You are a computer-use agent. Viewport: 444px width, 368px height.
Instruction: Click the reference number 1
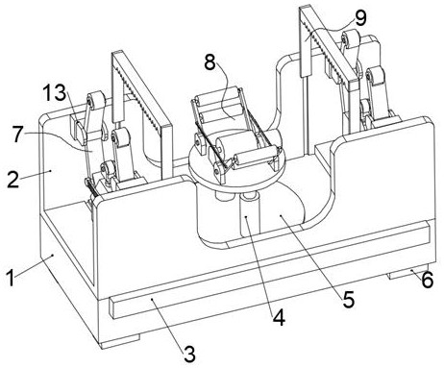click(x=11, y=278)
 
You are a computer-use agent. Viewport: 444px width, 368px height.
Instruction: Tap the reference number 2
click(x=12, y=181)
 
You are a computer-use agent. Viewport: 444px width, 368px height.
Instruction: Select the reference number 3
click(x=189, y=354)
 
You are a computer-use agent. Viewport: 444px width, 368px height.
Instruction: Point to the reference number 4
click(x=279, y=318)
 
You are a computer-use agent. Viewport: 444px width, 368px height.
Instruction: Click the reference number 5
click(x=349, y=300)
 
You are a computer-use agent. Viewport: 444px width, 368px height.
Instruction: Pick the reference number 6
click(x=428, y=280)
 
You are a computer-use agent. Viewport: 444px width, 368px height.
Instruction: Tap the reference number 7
click(x=18, y=135)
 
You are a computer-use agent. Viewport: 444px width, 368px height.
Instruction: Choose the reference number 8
click(x=210, y=62)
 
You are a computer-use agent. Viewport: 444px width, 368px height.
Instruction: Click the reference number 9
click(x=360, y=18)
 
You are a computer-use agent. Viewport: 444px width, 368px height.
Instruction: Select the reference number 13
click(x=55, y=93)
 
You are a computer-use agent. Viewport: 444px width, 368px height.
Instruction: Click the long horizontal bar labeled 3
click(x=269, y=271)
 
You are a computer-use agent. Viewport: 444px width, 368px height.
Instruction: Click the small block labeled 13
click(x=78, y=130)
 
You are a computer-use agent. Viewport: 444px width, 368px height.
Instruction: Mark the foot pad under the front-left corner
click(x=120, y=342)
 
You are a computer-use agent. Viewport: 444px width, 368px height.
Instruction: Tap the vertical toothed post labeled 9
click(x=306, y=41)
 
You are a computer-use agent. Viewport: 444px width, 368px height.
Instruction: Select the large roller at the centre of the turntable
click(x=237, y=143)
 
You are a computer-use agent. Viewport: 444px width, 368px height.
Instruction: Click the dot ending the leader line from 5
click(x=281, y=216)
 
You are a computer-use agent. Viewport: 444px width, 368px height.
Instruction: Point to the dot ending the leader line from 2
click(x=51, y=171)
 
